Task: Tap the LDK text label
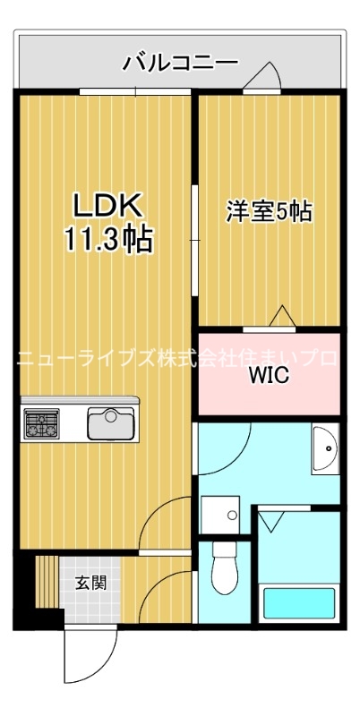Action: [107, 206]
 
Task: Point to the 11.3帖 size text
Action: [107, 239]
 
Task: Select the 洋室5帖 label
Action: [268, 212]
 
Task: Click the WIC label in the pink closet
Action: [269, 375]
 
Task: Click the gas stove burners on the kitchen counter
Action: [39, 422]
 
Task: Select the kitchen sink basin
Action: [110, 422]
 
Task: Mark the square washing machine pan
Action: [219, 516]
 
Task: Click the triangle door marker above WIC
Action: [282, 315]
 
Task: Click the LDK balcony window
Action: [136, 91]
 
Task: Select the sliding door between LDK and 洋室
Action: [194, 237]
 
